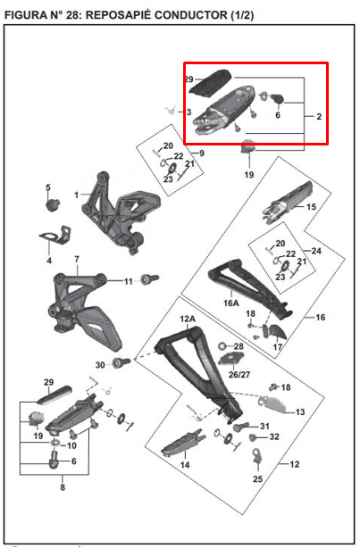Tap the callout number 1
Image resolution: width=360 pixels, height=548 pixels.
[x=77, y=194]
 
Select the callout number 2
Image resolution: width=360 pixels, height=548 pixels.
[x=319, y=116]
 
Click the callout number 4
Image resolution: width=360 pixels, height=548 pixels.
[x=49, y=261]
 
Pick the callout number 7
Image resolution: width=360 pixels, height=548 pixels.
[x=77, y=260]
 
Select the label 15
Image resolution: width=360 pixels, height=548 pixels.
[x=311, y=207]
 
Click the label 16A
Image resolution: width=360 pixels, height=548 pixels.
[x=231, y=303]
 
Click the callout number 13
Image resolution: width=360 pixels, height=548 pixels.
[x=300, y=411]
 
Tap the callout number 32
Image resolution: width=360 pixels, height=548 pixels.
[x=275, y=437]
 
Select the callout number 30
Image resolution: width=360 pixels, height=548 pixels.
[x=100, y=364]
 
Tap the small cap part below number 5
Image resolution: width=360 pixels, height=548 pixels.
[x=52, y=204]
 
